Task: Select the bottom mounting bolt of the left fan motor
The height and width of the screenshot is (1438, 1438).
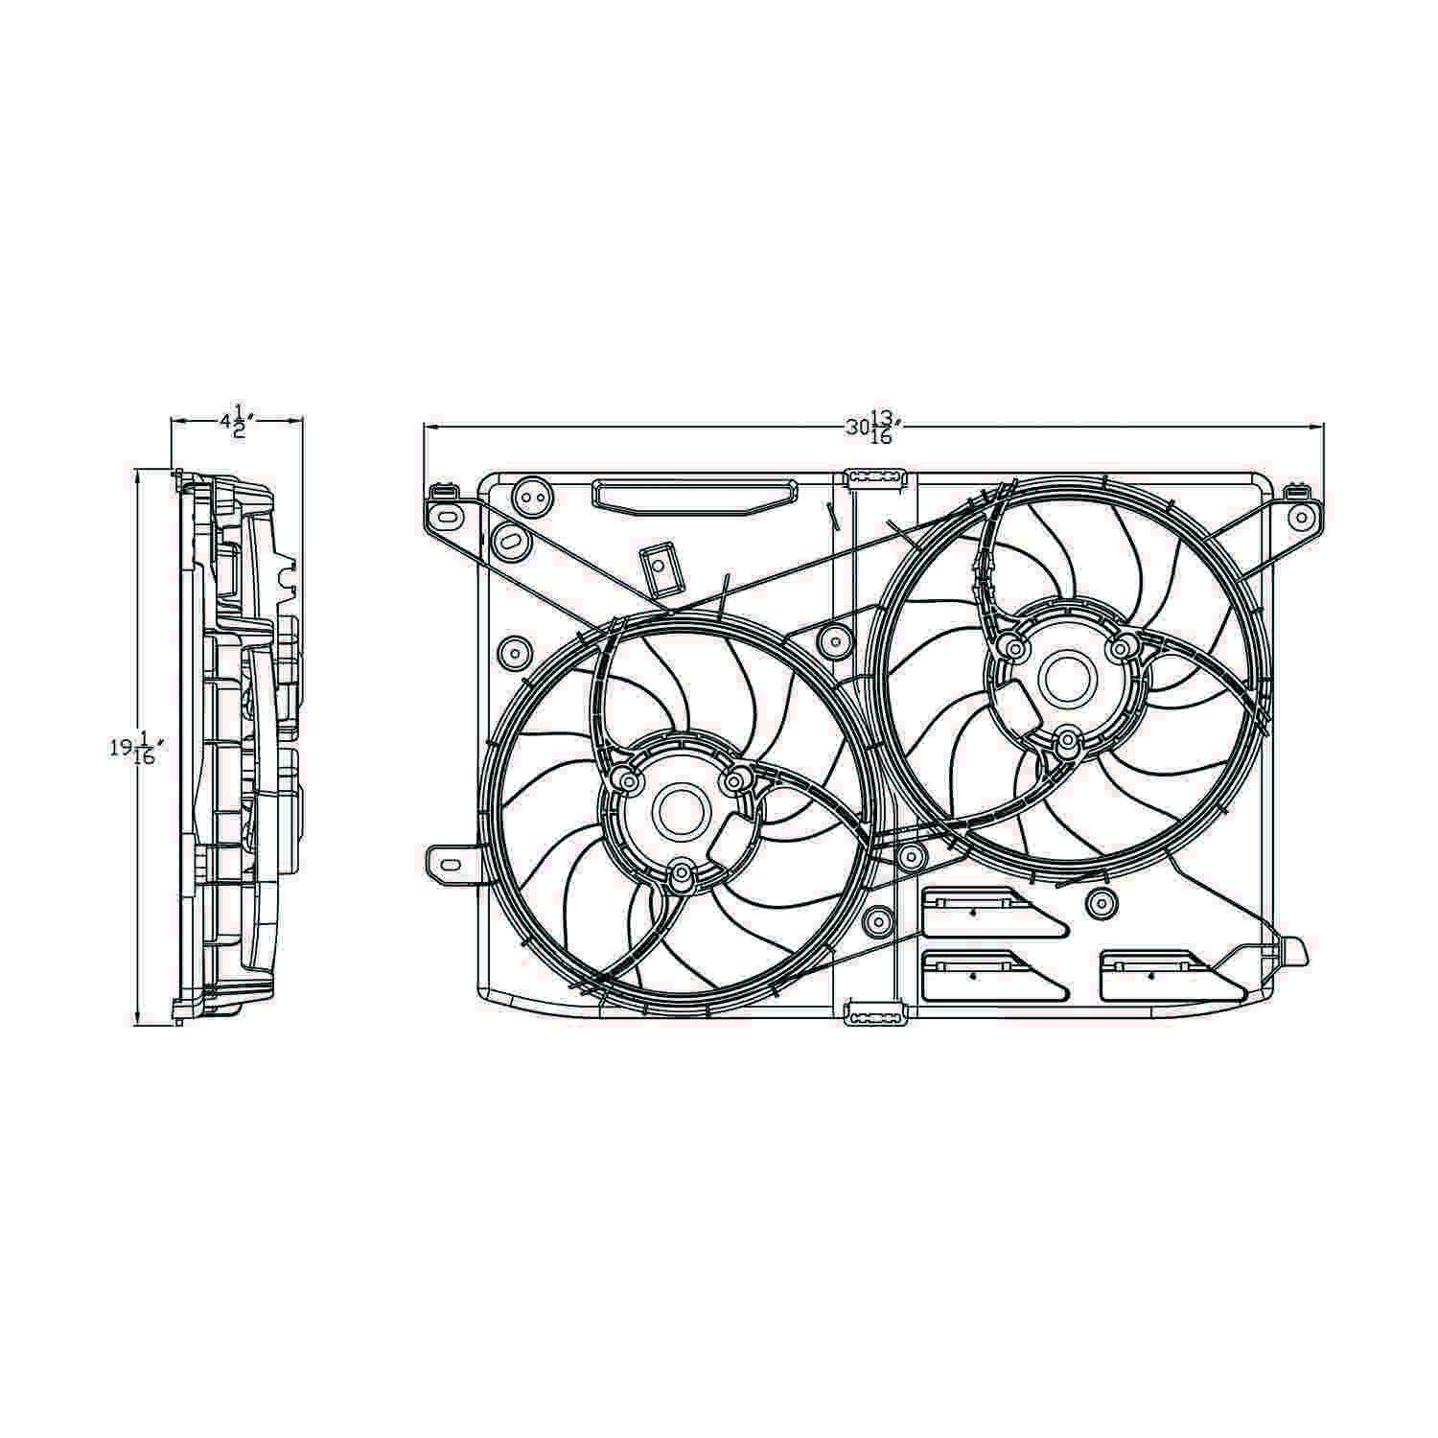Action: click(682, 873)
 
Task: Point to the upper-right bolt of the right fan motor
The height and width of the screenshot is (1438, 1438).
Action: click(1119, 648)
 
